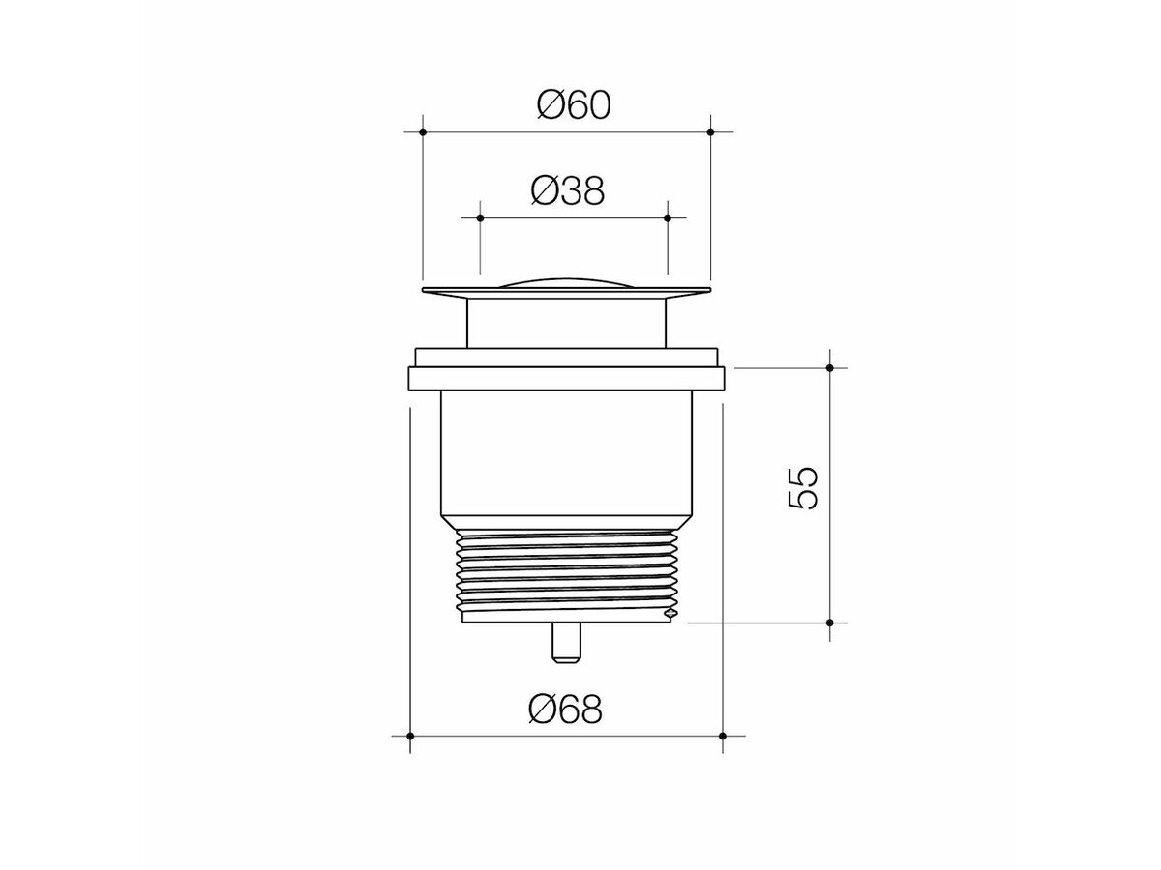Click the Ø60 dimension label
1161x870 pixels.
pos(574,104)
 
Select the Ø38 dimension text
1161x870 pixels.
pos(567,191)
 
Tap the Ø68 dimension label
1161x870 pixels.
pos(566,710)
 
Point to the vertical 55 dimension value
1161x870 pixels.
pos(804,488)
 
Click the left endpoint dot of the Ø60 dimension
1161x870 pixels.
pos(423,130)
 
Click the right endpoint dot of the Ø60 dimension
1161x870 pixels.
pos(710,130)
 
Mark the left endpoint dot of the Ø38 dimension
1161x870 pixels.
pos(480,217)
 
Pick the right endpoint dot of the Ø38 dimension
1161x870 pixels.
pos(668,217)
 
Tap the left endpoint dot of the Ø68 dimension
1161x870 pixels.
pos(410,736)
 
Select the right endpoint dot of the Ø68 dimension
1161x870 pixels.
pos(723,736)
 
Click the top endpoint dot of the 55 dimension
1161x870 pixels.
pos(830,367)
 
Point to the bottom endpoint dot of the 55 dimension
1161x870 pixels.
pos(830,623)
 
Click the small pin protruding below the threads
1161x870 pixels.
pos(566,642)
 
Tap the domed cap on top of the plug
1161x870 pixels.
pos(566,281)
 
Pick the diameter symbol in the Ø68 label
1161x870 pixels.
pos(542,710)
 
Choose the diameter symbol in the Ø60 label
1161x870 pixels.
pos(550,104)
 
